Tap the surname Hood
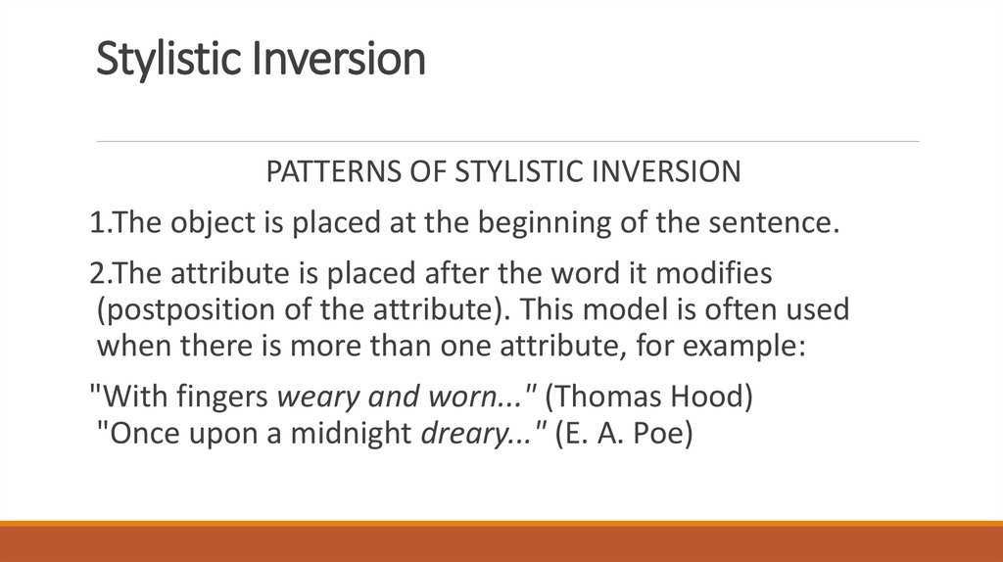[720, 398]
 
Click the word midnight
[355, 433]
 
